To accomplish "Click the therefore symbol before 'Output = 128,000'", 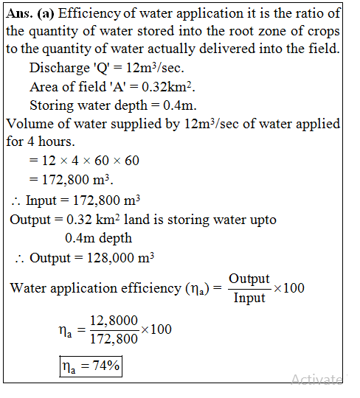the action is (x=19, y=259).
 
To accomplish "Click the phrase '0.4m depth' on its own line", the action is (x=98, y=238).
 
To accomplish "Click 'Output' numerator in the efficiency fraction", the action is (x=249, y=279).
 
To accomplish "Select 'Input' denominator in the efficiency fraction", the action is (x=249, y=298).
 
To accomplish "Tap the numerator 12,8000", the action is (x=112, y=321).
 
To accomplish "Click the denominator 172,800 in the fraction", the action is (x=112, y=340).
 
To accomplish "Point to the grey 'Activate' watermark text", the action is (x=316, y=380).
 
